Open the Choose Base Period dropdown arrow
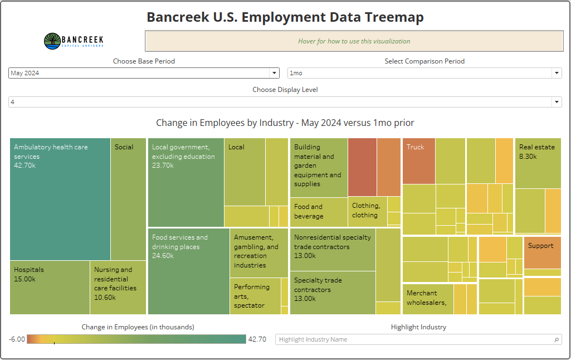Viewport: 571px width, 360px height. (274, 73)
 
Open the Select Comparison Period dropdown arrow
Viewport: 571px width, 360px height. (557, 73)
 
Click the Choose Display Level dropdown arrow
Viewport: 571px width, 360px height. (557, 102)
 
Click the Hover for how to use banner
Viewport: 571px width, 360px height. (354, 41)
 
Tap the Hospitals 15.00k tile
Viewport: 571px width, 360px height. (50, 288)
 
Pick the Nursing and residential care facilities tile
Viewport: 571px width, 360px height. (118, 288)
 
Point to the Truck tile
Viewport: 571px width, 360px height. (418, 161)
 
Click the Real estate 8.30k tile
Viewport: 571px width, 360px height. (538, 163)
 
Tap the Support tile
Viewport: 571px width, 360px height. (542, 252)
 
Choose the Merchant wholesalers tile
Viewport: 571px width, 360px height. (427, 299)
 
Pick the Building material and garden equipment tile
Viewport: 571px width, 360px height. (319, 167)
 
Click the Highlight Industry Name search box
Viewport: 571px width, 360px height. (415, 339)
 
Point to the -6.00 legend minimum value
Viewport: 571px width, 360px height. (17, 339)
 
